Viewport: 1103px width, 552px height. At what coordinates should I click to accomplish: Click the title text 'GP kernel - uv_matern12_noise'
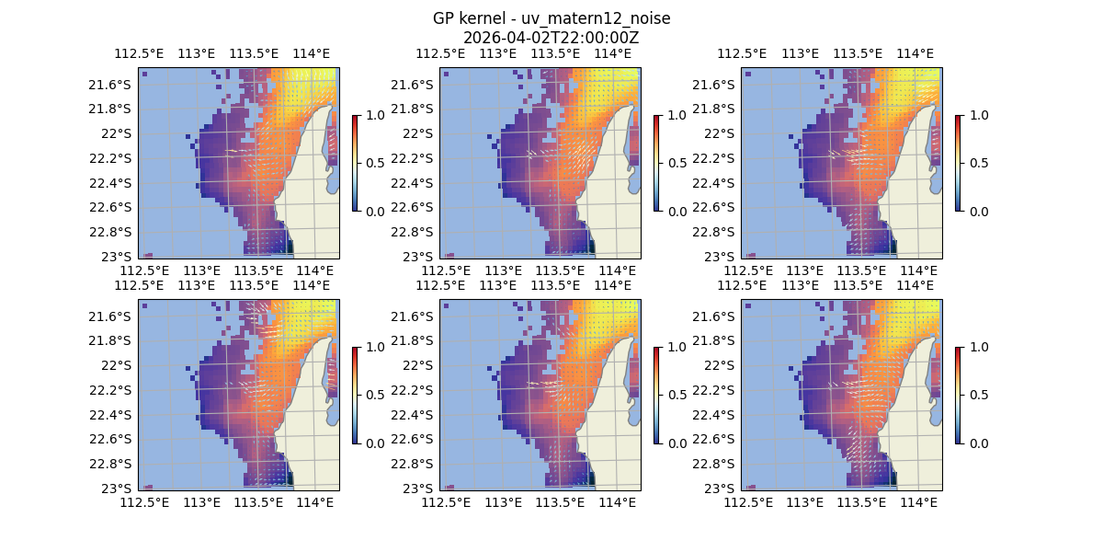click(x=551, y=18)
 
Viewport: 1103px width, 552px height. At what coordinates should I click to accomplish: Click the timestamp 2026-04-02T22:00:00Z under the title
click(x=551, y=38)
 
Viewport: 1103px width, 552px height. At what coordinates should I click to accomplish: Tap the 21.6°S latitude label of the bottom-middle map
click(x=413, y=316)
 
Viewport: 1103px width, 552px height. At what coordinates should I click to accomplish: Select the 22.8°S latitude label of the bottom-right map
click(x=714, y=464)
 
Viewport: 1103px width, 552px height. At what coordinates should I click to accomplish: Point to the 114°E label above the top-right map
click(x=915, y=53)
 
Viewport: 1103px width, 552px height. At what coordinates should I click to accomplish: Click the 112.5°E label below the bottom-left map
click(x=144, y=502)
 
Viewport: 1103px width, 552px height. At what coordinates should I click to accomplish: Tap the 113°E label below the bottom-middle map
click(x=503, y=502)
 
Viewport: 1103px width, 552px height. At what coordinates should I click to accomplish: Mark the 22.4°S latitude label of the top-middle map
click(x=413, y=183)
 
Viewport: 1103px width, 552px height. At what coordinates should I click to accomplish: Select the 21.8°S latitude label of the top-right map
click(x=714, y=109)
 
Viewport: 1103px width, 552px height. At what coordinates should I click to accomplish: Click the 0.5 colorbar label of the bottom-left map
click(x=373, y=395)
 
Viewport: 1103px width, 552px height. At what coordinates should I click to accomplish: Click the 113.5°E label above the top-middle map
click(x=555, y=53)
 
